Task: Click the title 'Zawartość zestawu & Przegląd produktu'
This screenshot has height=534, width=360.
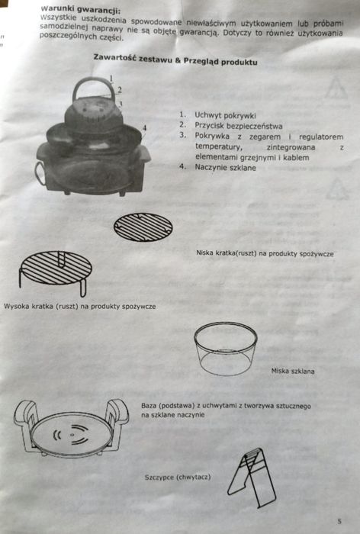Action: [x=175, y=59]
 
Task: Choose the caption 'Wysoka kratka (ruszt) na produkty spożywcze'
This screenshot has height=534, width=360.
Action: [x=80, y=306]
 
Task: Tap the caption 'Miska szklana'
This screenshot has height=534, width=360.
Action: [x=293, y=372]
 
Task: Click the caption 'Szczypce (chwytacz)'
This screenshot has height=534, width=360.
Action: [x=177, y=477]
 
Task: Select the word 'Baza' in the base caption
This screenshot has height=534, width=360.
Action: [x=151, y=406]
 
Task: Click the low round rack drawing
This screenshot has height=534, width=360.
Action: [x=143, y=227]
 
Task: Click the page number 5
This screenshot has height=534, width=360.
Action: [x=337, y=520]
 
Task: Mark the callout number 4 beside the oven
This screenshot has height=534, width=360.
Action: [x=143, y=126]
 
